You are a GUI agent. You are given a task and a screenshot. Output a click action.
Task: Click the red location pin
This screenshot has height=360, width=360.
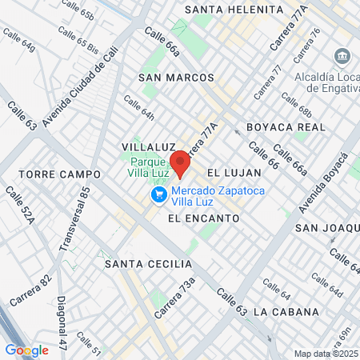click(x=180, y=163)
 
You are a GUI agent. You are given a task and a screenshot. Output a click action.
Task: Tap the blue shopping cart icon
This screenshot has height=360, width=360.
click(x=158, y=194)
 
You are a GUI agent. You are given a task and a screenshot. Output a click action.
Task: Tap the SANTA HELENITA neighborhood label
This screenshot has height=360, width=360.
click(x=234, y=10)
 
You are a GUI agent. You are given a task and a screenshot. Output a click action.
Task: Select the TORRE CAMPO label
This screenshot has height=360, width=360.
click(x=59, y=174)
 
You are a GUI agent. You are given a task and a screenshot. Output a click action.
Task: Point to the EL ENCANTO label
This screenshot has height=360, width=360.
click(x=203, y=218)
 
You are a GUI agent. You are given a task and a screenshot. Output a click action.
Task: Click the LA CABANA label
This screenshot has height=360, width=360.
click(x=286, y=312)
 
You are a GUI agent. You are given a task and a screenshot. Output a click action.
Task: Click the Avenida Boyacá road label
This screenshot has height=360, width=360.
click(x=315, y=185)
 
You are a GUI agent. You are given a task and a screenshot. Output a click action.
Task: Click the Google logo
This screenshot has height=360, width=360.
click(x=26, y=350)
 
